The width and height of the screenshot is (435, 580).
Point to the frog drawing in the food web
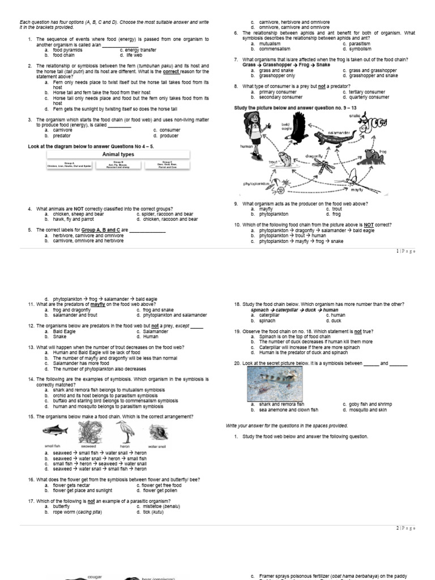click(372, 153)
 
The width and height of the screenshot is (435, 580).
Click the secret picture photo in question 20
click(275, 385)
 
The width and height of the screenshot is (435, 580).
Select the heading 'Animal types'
click(118, 154)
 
